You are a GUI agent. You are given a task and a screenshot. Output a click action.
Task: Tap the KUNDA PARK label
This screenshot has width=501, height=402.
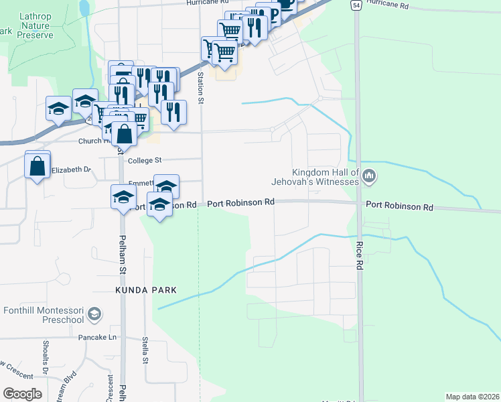click(145, 290)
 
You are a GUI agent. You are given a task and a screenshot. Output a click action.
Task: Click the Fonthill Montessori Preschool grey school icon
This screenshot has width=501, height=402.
click(95, 314)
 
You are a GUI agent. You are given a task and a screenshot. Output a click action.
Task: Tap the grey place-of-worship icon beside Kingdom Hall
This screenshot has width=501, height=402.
click(370, 177)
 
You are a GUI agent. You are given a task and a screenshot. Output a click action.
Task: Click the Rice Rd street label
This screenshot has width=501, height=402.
click(360, 255)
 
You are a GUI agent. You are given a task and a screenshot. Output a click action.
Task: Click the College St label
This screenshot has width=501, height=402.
click(145, 161)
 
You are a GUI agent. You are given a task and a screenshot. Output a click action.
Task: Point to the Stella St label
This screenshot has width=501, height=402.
click(145, 350)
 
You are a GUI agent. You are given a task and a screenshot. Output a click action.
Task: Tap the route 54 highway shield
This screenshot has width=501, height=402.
click(356, 5)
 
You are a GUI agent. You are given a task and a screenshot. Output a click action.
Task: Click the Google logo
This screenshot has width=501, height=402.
click(22, 394)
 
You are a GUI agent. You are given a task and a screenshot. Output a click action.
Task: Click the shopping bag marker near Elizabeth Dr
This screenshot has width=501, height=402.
click(38, 165)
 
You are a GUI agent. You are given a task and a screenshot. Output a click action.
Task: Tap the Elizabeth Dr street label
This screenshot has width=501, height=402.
click(71, 170)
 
